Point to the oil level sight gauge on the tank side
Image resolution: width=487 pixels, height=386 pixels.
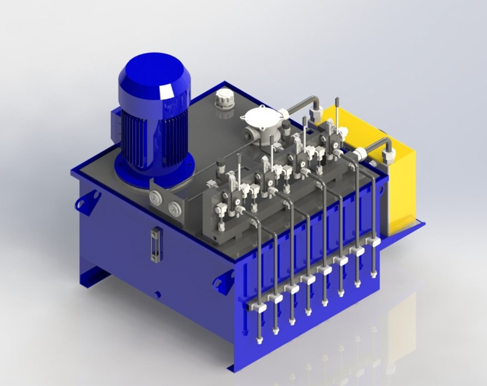pyautogui.click(x=156, y=244)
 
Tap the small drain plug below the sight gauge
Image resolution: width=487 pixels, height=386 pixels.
pyautogui.click(x=158, y=294)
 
